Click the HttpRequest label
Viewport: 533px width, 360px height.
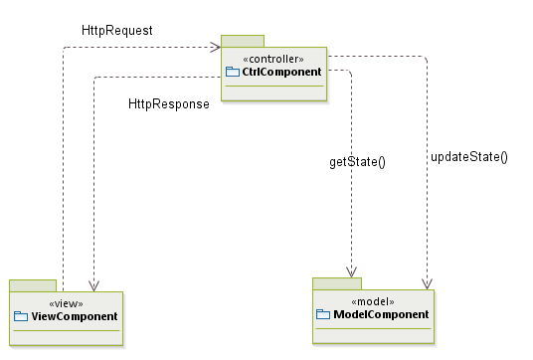point(116,31)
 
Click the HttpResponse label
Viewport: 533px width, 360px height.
point(168,104)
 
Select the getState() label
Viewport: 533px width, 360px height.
point(357,161)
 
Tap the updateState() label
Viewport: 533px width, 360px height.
point(468,156)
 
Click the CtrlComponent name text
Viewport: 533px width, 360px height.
point(281,72)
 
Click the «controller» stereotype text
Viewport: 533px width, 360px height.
point(273,59)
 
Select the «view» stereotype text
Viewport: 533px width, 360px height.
point(66,303)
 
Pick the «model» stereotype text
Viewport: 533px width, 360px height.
point(373,301)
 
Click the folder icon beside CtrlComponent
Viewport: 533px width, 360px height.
point(233,72)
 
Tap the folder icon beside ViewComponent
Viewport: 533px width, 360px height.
point(22,316)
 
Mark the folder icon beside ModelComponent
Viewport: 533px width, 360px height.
point(322,314)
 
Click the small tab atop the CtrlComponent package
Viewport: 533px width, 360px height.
point(242,41)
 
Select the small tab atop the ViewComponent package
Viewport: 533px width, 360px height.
point(32,285)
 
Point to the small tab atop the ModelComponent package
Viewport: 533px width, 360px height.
point(336,283)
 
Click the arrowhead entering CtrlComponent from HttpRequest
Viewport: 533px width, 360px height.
point(214,47)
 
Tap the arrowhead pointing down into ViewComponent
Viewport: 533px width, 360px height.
point(93,284)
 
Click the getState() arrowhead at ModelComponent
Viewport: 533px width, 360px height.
point(351,270)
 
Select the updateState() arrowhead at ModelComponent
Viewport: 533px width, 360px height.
point(428,282)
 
